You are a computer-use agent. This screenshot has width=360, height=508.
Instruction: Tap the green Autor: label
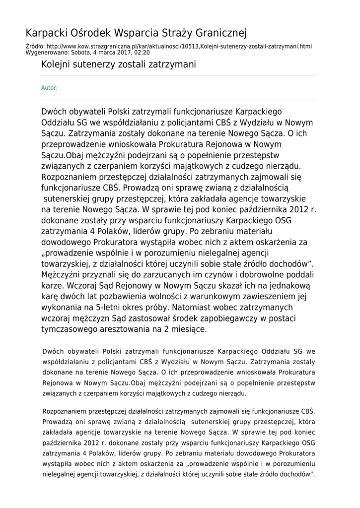(49, 88)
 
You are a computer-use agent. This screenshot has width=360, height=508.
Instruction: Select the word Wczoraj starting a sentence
(78, 286)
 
